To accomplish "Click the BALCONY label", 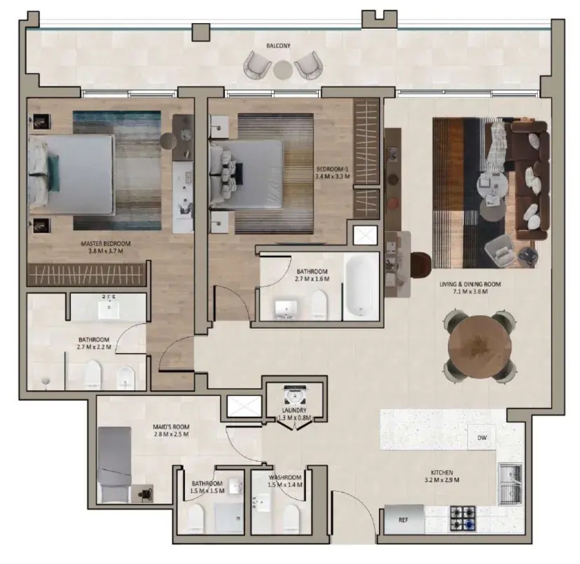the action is click(278, 46).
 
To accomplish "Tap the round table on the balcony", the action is click(283, 70).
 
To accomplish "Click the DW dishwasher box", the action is click(482, 437).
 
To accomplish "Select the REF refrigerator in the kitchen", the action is click(404, 519).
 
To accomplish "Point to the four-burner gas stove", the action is click(463, 518).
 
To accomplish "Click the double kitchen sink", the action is click(510, 484).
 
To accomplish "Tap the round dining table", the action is click(480, 347).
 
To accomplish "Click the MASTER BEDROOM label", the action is click(106, 244).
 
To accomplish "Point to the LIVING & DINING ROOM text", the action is click(470, 284).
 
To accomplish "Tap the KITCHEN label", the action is click(442, 472).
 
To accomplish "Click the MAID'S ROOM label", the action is click(171, 427).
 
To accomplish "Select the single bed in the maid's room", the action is click(114, 465).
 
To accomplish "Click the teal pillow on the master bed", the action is click(54, 173).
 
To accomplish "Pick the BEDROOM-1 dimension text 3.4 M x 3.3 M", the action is click(332, 176).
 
